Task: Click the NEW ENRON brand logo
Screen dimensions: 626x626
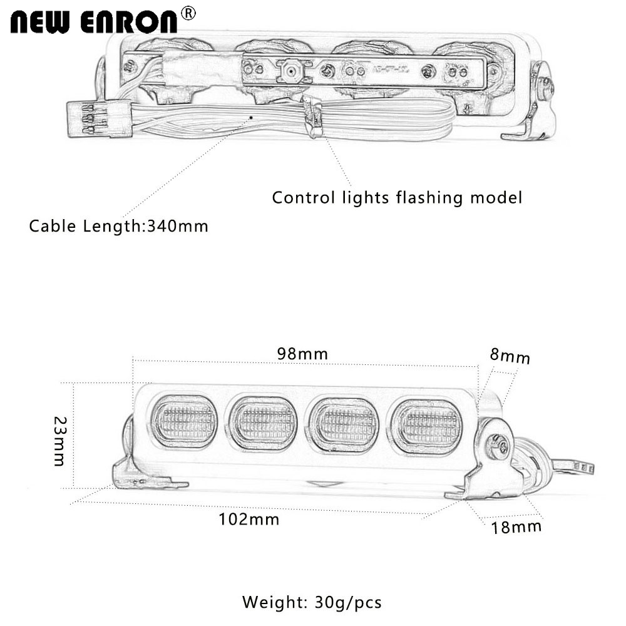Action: click(x=94, y=21)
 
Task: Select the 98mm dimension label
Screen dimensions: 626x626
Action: click(x=302, y=354)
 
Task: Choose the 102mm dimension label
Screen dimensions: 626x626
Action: click(x=249, y=518)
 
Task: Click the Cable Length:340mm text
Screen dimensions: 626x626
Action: click(x=118, y=226)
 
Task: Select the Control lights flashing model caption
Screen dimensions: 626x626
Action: click(x=396, y=198)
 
